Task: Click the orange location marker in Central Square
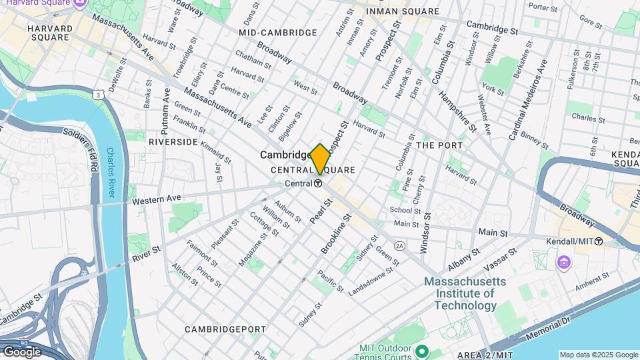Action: click(320, 159)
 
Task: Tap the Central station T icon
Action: click(319, 184)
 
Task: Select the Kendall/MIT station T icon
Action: click(599, 241)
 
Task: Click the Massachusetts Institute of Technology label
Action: click(465, 293)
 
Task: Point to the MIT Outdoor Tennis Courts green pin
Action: click(421, 350)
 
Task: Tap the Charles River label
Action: click(111, 175)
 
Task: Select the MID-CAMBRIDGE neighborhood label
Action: click(278, 33)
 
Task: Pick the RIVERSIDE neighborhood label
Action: click(173, 142)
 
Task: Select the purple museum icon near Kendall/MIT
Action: click(564, 262)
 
